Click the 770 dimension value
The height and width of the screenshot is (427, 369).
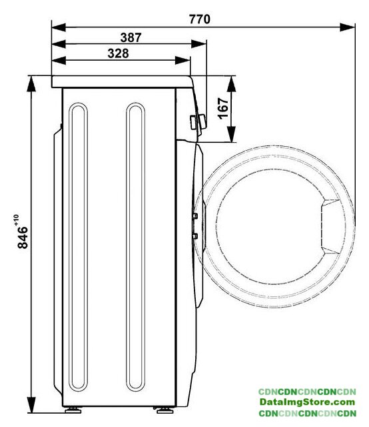[200, 19]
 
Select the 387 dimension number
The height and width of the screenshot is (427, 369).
[131, 37]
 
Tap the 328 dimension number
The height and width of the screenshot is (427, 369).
[118, 53]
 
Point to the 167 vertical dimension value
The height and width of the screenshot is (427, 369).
[223, 108]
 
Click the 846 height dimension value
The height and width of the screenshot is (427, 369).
[23, 238]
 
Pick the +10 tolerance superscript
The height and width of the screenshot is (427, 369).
[16, 220]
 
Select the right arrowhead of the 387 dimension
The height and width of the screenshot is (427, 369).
[198, 44]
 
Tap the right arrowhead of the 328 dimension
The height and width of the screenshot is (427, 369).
[183, 61]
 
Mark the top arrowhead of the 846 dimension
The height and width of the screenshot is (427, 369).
[31, 84]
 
